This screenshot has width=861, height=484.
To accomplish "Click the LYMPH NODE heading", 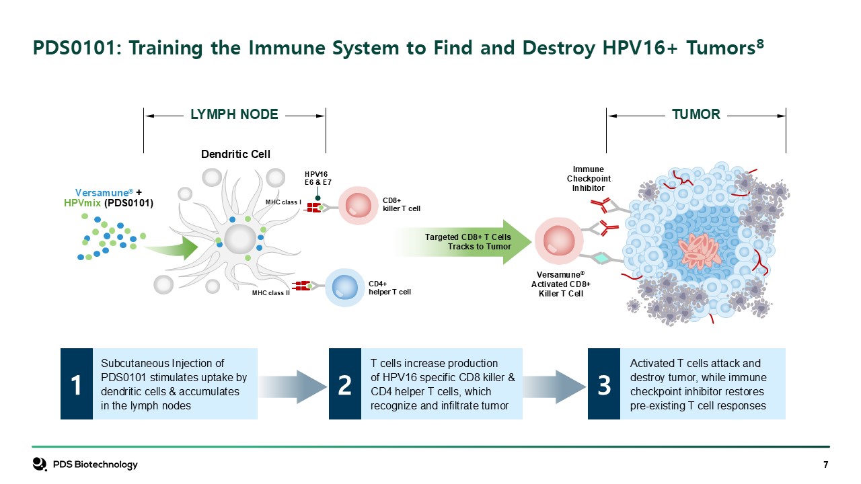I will pyautogui.click(x=234, y=115).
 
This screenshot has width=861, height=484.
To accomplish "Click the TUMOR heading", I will pyautogui.click(x=696, y=115).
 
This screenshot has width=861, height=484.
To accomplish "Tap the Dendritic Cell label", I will pyautogui.click(x=235, y=155).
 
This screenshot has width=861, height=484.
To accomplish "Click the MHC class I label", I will pyautogui.click(x=283, y=202).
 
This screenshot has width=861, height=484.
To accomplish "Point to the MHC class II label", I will pyautogui.click(x=270, y=293).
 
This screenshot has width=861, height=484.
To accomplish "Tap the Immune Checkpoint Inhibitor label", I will pyautogui.click(x=589, y=179).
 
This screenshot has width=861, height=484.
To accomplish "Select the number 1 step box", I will pyautogui.click(x=77, y=385).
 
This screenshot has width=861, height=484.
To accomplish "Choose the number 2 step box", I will pyautogui.click(x=345, y=385).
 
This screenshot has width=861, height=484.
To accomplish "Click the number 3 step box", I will pyautogui.click(x=604, y=385).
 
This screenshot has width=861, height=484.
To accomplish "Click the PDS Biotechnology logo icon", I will pyautogui.click(x=40, y=465).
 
